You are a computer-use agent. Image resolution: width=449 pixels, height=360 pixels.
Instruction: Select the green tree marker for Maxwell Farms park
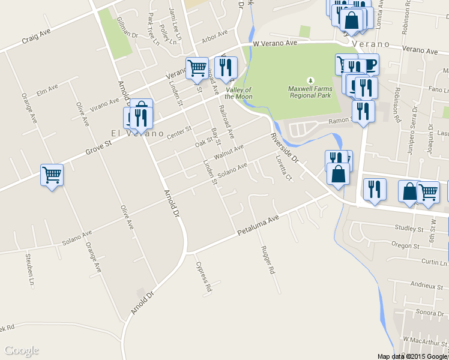310,80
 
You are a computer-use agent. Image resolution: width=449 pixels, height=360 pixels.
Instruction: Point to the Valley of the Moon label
239,93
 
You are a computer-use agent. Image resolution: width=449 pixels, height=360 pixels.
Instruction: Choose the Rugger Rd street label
268,260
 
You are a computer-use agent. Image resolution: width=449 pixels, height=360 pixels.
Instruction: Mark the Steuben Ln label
28,269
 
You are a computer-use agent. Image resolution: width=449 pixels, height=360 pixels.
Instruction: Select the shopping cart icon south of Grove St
52,175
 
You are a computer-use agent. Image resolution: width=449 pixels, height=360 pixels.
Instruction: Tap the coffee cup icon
369,64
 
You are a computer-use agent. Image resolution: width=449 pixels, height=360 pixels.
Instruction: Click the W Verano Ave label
275,44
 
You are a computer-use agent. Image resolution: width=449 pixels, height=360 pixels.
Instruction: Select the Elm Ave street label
47,89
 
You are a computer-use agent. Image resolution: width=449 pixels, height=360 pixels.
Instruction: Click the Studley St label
409,228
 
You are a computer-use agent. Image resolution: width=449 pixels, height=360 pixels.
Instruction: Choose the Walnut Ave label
229,151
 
